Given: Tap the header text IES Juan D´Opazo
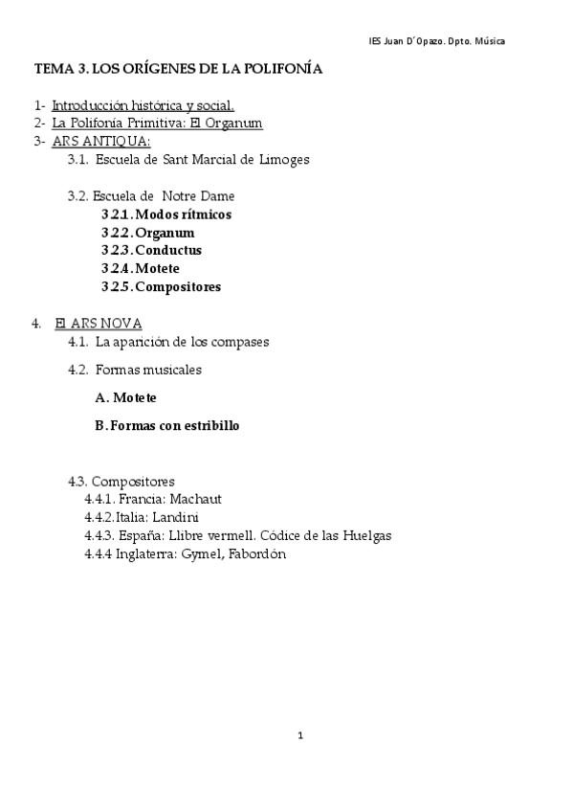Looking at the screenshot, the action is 408,41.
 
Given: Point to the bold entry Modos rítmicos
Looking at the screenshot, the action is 183,214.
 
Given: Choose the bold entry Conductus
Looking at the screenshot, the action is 168,251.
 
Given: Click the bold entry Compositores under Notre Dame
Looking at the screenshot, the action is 178,286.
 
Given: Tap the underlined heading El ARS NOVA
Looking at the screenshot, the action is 99,324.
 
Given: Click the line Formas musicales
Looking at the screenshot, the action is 148,370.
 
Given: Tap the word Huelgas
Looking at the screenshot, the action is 365,536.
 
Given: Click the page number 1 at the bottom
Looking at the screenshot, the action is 300,736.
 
